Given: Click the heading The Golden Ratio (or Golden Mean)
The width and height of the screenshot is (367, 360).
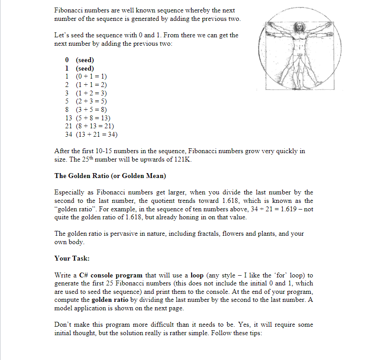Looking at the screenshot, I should pos(110,176).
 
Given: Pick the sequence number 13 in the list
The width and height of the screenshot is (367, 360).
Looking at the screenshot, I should pos(69,118).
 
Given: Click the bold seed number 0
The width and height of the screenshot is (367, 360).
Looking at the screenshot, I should pos(67,60).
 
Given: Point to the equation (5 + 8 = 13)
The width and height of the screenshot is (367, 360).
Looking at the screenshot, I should pos(93,118).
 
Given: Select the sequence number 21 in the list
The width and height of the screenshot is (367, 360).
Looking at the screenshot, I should pos(69,126).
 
